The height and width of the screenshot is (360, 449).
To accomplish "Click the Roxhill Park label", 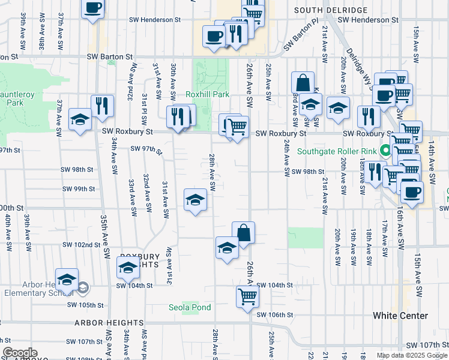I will pyautogui.click(x=208, y=95).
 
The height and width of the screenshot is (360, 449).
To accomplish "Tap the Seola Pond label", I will pyautogui.click(x=190, y=308).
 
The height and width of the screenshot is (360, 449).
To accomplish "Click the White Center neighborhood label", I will pyautogui.click(x=400, y=316).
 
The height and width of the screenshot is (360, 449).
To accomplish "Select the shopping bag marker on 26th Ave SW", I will pyautogui.click(x=243, y=232).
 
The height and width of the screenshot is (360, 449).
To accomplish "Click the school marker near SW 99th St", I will pyautogui.click(x=195, y=200).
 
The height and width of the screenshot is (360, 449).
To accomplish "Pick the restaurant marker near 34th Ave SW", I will pyautogui.click(x=103, y=107).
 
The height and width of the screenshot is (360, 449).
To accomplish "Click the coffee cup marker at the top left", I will pyautogui.click(x=93, y=8).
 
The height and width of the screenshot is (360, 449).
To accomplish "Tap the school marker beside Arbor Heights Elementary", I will pyautogui.click(x=67, y=280).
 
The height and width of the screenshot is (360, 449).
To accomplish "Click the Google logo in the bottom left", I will pyautogui.click(x=20, y=353).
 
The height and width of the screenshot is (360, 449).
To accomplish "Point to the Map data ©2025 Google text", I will pyautogui.click(x=412, y=355).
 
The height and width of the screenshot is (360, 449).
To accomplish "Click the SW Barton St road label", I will pyautogui.click(x=109, y=57).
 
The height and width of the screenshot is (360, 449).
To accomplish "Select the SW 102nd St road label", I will pyautogui.click(x=81, y=245).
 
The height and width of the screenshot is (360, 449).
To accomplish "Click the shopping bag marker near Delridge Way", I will pyautogui.click(x=303, y=82).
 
